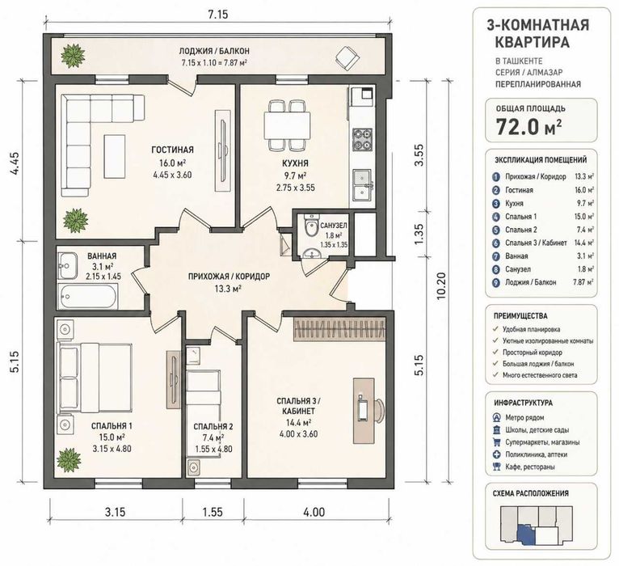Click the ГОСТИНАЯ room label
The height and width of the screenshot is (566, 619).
tap(172, 150)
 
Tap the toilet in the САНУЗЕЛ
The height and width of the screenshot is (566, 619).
tap(311, 225)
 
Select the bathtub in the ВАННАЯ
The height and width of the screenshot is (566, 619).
tap(87, 295)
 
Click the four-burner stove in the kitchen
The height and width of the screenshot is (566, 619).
tap(362, 140)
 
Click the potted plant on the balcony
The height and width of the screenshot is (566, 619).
tap(73, 54)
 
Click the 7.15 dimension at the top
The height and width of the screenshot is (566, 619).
tap(217, 15)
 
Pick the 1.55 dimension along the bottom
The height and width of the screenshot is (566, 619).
tap(213, 512)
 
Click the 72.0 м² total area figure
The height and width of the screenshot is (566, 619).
tap(529, 127)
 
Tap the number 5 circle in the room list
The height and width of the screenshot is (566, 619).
tap(496, 230)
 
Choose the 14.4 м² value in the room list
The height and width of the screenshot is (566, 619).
tap(584, 243)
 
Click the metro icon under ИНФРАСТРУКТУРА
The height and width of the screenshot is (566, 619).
tap(496, 417)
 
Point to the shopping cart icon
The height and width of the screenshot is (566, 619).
tap(496, 442)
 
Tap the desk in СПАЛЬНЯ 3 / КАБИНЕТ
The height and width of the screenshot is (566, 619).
tap(364, 411)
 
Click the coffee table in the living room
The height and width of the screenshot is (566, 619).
tap(115, 156)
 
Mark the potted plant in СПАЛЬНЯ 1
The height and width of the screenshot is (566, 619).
tap(69, 460)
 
